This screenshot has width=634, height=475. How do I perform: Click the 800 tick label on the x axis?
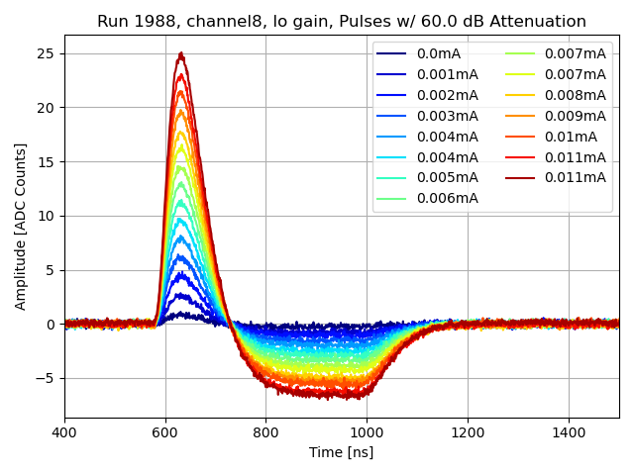(265, 432)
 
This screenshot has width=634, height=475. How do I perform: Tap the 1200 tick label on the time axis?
(468, 432)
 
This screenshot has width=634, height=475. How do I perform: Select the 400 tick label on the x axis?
(64, 432)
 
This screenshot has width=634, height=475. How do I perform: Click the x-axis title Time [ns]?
(342, 452)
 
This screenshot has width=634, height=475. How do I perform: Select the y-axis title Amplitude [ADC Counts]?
(21, 226)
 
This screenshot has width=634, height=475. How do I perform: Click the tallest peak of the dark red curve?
(180, 53)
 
